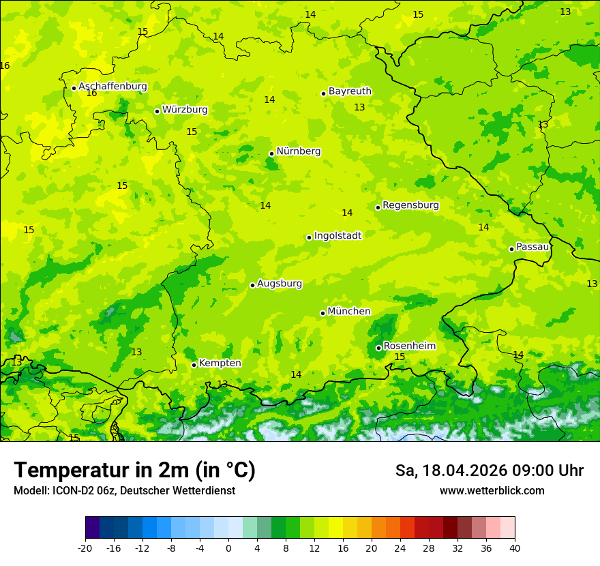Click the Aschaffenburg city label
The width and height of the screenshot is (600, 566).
pos(112,87)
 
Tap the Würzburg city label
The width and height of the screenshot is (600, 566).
pos(185,110)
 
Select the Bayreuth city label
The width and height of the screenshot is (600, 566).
pos(350,91)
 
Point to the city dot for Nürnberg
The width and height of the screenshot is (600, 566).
pos(271,153)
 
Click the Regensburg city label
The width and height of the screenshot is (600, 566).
pos(410,205)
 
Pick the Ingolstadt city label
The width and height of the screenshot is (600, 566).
pos(337,236)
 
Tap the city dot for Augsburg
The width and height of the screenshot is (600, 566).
pos(252,285)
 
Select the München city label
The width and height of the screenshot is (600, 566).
pos(349,312)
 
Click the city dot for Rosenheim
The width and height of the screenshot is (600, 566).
pos(378,348)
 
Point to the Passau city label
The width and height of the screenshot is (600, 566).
pos(532,247)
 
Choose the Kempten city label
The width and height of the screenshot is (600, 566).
pos(220,363)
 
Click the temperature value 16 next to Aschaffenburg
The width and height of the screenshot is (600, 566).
pos(91,93)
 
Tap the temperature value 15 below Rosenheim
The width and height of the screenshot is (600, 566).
pos(400,357)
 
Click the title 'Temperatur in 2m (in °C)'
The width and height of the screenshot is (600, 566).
pos(134,471)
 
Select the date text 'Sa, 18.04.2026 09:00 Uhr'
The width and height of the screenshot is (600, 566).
pos(489,471)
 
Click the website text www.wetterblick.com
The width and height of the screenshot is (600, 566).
pos(492,491)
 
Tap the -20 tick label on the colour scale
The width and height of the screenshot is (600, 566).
pos(85,548)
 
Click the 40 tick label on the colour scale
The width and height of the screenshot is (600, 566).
pos(515,548)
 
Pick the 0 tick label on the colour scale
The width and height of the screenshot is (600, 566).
pos(228,548)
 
